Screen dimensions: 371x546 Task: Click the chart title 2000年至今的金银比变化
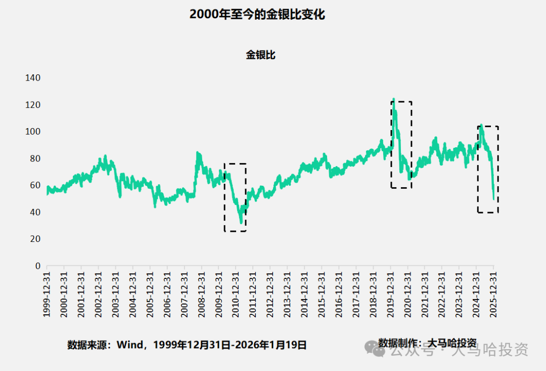(x=257, y=14)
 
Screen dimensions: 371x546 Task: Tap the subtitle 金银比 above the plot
(x=260, y=55)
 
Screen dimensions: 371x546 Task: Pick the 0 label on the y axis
(x=37, y=266)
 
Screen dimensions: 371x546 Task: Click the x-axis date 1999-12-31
(x=47, y=293)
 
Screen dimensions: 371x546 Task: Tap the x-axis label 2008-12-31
(x=201, y=293)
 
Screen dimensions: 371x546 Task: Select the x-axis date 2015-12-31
(x=322, y=293)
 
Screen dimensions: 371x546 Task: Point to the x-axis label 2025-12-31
(x=493, y=293)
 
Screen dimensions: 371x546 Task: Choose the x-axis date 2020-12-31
(x=407, y=293)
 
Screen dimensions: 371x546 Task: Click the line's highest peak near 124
(x=393, y=99)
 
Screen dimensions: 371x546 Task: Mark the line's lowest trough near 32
(x=241, y=223)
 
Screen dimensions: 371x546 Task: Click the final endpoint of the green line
(x=494, y=199)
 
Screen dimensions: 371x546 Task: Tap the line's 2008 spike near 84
(x=197, y=152)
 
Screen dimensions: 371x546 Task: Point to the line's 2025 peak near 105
(x=481, y=125)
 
